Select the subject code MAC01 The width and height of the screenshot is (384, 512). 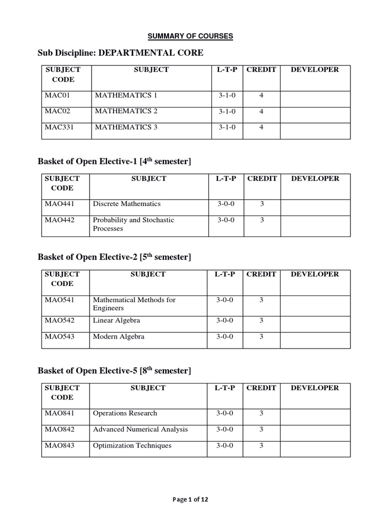click(55, 95)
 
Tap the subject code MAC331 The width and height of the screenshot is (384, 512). click(59, 127)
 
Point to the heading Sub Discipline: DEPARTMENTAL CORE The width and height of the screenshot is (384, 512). click(120, 53)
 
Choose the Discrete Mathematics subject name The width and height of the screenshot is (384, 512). click(126, 203)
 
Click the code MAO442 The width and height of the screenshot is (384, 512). click(59, 219)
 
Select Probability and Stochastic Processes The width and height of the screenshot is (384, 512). click(133, 224)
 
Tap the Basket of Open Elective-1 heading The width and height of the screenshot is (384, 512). click(114, 161)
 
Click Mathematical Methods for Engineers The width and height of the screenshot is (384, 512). click(134, 304)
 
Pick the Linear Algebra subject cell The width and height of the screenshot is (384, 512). click(116, 320)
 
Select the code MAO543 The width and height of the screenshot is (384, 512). click(59, 336)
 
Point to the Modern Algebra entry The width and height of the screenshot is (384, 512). click(118, 336)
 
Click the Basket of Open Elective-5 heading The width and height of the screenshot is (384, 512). click(114, 370)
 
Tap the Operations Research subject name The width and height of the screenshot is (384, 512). click(125, 413)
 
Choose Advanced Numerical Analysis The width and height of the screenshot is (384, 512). click(140, 429)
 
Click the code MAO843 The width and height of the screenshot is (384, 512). click(59, 445)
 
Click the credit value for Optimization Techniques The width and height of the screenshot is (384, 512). click(261, 445)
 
